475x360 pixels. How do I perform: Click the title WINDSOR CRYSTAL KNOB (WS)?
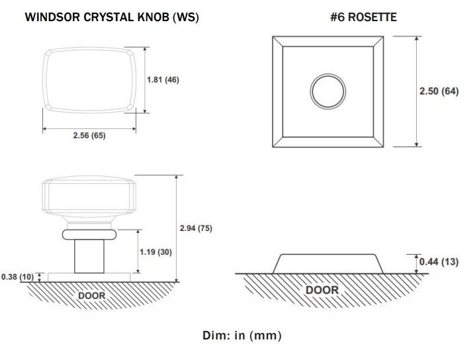[x=112, y=17]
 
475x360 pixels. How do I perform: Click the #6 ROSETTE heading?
[x=363, y=17]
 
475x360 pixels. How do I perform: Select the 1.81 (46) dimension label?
[x=163, y=79]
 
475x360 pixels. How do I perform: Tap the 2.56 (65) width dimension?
[x=89, y=135]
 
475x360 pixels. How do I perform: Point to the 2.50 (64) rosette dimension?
[x=439, y=91]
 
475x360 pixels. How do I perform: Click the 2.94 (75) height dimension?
[x=196, y=228]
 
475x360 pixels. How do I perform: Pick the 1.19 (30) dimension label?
[x=155, y=252]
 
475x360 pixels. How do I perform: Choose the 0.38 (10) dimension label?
[x=18, y=277]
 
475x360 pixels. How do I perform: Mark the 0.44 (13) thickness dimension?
[x=439, y=261]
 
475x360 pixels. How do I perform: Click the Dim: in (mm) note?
[x=241, y=336]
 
